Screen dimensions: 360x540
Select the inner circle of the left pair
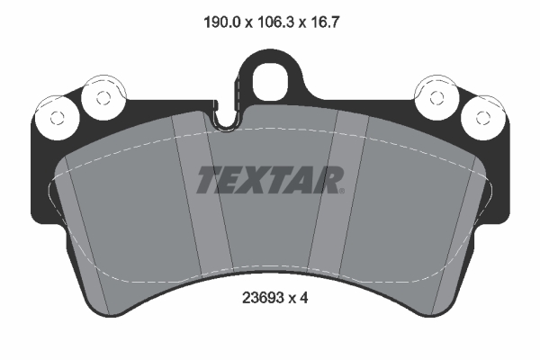pyautogui.click(x=96, y=95)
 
